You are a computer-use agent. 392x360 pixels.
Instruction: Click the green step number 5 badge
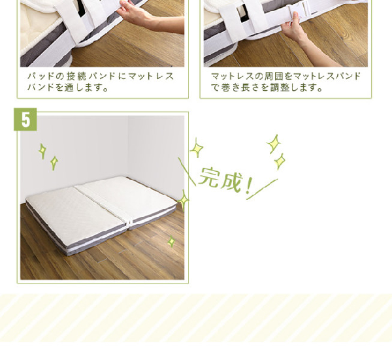pyautogui.click(x=25, y=120)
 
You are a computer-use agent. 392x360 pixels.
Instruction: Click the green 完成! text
pyautogui.click(x=225, y=180)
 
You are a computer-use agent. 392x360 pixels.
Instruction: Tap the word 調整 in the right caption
pyautogui.click(x=280, y=88)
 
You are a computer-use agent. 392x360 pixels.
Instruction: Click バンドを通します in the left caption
pyautogui.click(x=68, y=88)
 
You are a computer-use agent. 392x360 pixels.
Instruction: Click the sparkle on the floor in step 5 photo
pyautogui.click(x=171, y=242)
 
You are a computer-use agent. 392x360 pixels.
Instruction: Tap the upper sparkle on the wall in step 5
pyautogui.click(x=42, y=151)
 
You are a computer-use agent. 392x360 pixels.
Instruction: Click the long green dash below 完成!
pyautogui.click(x=262, y=189)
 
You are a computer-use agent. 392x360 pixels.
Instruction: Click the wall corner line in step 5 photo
pyautogui.click(x=128, y=146)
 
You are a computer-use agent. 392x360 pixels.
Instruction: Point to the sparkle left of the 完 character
pyautogui.click(x=197, y=148)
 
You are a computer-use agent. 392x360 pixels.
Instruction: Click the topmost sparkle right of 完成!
pyautogui.click(x=274, y=144)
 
